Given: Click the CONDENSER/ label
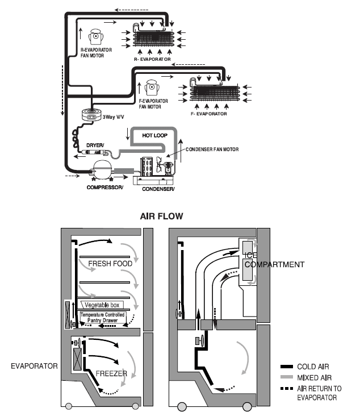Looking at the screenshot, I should (x=157, y=188).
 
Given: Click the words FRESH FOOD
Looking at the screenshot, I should (x=110, y=264).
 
